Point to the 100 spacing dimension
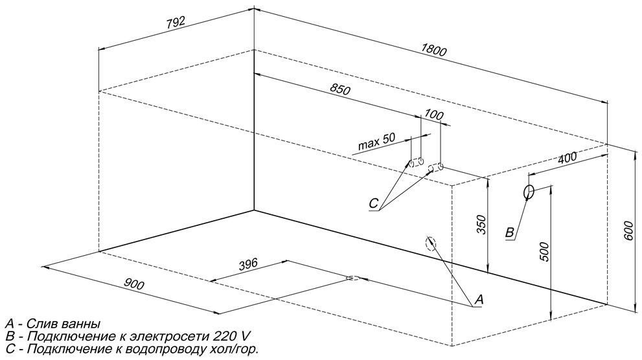[434, 116]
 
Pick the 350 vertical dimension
[479, 223]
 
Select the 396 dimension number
[247, 264]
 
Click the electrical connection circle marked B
[529, 192]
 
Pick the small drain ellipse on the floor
[352, 278]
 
